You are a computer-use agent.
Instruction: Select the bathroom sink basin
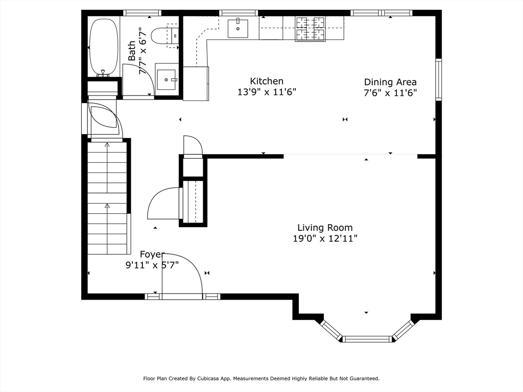tap(166, 80)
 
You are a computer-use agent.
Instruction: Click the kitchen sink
tap(238, 29)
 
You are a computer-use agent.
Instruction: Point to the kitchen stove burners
tap(310, 29)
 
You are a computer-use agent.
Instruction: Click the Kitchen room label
tap(267, 81)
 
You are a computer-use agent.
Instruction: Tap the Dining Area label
tap(390, 82)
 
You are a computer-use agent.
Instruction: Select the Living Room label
tap(325, 228)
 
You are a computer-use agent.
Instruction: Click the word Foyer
tap(152, 255)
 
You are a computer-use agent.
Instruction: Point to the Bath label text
tap(132, 51)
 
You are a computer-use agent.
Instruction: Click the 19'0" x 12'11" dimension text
tap(325, 238)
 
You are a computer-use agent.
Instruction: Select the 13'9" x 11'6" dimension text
tap(267, 92)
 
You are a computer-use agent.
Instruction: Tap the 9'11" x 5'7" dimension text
tap(152, 265)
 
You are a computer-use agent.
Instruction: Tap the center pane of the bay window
tap(367, 339)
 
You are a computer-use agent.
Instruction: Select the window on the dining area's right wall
tap(439, 80)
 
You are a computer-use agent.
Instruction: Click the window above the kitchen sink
tap(239, 13)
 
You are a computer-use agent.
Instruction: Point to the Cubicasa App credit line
tap(261, 379)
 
